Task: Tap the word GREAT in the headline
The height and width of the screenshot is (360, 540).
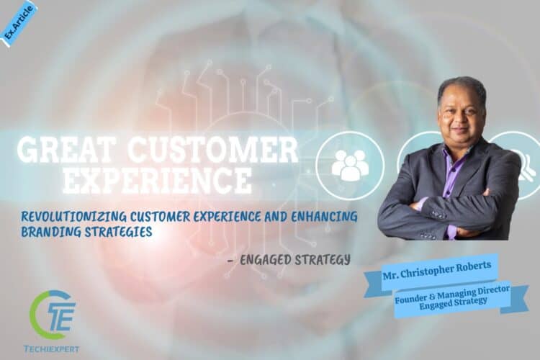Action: [66, 150]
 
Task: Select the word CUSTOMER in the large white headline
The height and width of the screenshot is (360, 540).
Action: [212, 150]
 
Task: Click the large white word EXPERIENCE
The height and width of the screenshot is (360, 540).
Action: [158, 179]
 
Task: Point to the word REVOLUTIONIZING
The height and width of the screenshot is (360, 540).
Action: [73, 216]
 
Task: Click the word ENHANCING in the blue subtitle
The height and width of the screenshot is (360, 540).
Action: [324, 216]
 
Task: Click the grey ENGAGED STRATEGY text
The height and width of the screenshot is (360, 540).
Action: [295, 260]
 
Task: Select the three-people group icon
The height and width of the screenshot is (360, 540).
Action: [350, 165]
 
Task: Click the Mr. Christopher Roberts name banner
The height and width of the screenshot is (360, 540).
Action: [437, 271]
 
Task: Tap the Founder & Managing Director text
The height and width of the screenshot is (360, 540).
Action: [452, 294]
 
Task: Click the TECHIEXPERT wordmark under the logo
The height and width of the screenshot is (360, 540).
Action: [51, 349]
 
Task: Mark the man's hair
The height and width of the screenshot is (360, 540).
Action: [462, 88]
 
